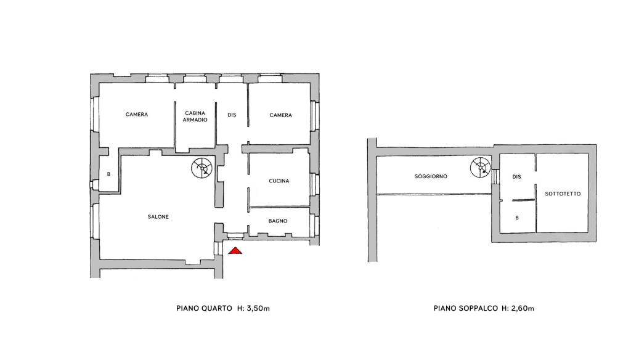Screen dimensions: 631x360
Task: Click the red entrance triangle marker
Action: (x=235, y=251)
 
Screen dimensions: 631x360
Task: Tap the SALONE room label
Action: (x=158, y=216)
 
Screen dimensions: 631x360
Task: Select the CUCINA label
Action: (x=279, y=181)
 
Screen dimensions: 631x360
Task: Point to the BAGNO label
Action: (x=278, y=221)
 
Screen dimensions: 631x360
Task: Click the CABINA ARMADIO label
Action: (x=195, y=117)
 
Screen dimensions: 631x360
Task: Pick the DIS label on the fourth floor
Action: (x=232, y=115)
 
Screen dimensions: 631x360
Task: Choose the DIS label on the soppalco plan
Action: (x=517, y=176)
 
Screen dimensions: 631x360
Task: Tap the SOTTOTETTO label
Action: (x=563, y=194)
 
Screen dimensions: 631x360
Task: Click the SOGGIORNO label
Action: (x=431, y=176)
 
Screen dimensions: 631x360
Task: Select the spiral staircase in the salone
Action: (x=202, y=168)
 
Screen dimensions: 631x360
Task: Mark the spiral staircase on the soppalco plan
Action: (x=481, y=167)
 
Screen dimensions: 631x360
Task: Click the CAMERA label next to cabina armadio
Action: (x=137, y=115)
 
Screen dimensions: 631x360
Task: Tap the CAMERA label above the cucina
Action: (x=280, y=115)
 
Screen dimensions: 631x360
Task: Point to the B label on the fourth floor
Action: (x=108, y=174)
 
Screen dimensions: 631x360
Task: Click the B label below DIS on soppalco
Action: (x=517, y=218)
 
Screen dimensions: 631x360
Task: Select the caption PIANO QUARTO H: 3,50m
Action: (x=223, y=308)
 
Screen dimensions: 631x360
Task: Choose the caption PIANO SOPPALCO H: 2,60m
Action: (x=484, y=308)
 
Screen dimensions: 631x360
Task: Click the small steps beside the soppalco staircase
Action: (x=495, y=176)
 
